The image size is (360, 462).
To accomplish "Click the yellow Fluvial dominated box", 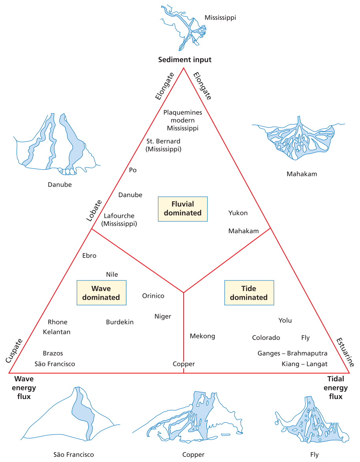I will coord(182,209).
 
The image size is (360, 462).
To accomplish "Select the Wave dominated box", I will coord(101,293).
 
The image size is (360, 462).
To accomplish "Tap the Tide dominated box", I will coord(249,293).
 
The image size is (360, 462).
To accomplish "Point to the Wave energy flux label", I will coord(25,388).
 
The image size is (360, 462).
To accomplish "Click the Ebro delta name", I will coord(89,256).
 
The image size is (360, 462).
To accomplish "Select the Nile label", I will coord(112,275).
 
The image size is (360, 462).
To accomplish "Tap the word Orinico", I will coord(153,296).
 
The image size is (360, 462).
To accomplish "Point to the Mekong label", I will coord(202,336).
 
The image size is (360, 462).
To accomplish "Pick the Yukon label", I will coord(238,213).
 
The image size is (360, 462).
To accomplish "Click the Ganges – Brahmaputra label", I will coord(292,353).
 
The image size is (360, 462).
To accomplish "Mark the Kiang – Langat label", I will coord(304,364).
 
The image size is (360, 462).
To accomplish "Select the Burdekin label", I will coord(120,322).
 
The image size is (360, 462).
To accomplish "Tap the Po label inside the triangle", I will coord(133,170).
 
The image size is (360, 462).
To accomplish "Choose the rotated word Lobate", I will coord(94,211).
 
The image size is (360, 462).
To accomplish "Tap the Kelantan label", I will coord(57,332).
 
